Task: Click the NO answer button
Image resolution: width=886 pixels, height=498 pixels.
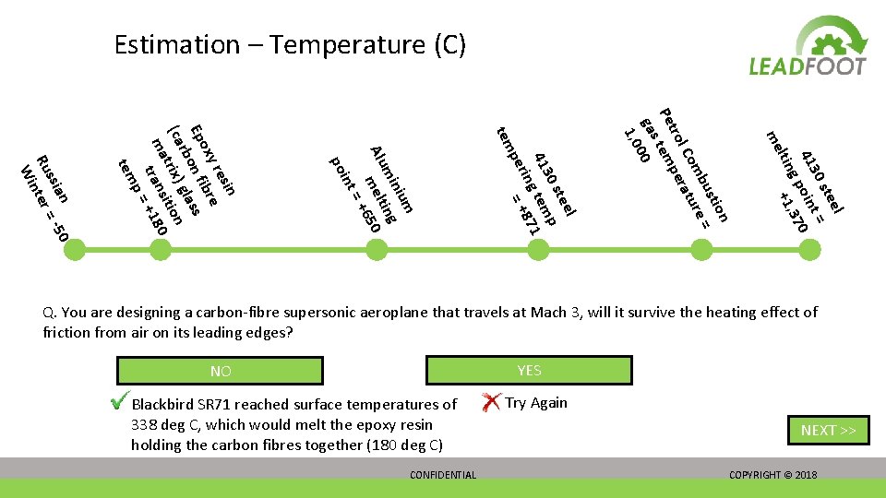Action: (220, 371)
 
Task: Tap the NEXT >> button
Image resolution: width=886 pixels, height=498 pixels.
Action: (828, 430)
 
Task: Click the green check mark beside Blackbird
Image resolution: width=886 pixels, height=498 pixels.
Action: (118, 402)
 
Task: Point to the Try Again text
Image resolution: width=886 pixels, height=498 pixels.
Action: (536, 403)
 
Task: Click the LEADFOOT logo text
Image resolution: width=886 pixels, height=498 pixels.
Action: (808, 65)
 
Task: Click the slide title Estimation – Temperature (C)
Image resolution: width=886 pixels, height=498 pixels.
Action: (290, 44)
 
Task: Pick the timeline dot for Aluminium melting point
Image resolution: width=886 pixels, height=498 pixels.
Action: (377, 249)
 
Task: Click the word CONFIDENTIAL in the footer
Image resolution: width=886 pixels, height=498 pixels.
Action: (443, 475)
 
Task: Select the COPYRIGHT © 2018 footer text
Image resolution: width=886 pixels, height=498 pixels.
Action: (772, 475)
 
